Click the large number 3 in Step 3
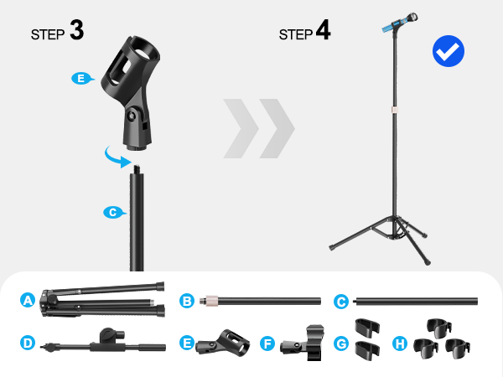point(76,31)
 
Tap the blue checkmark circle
point(449,51)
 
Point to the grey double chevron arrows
point(259,128)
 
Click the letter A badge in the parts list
point(28,299)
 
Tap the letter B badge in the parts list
point(188,299)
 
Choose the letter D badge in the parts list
point(28,343)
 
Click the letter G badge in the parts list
point(341,343)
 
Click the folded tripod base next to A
point(101,297)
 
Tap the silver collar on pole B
point(214,299)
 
